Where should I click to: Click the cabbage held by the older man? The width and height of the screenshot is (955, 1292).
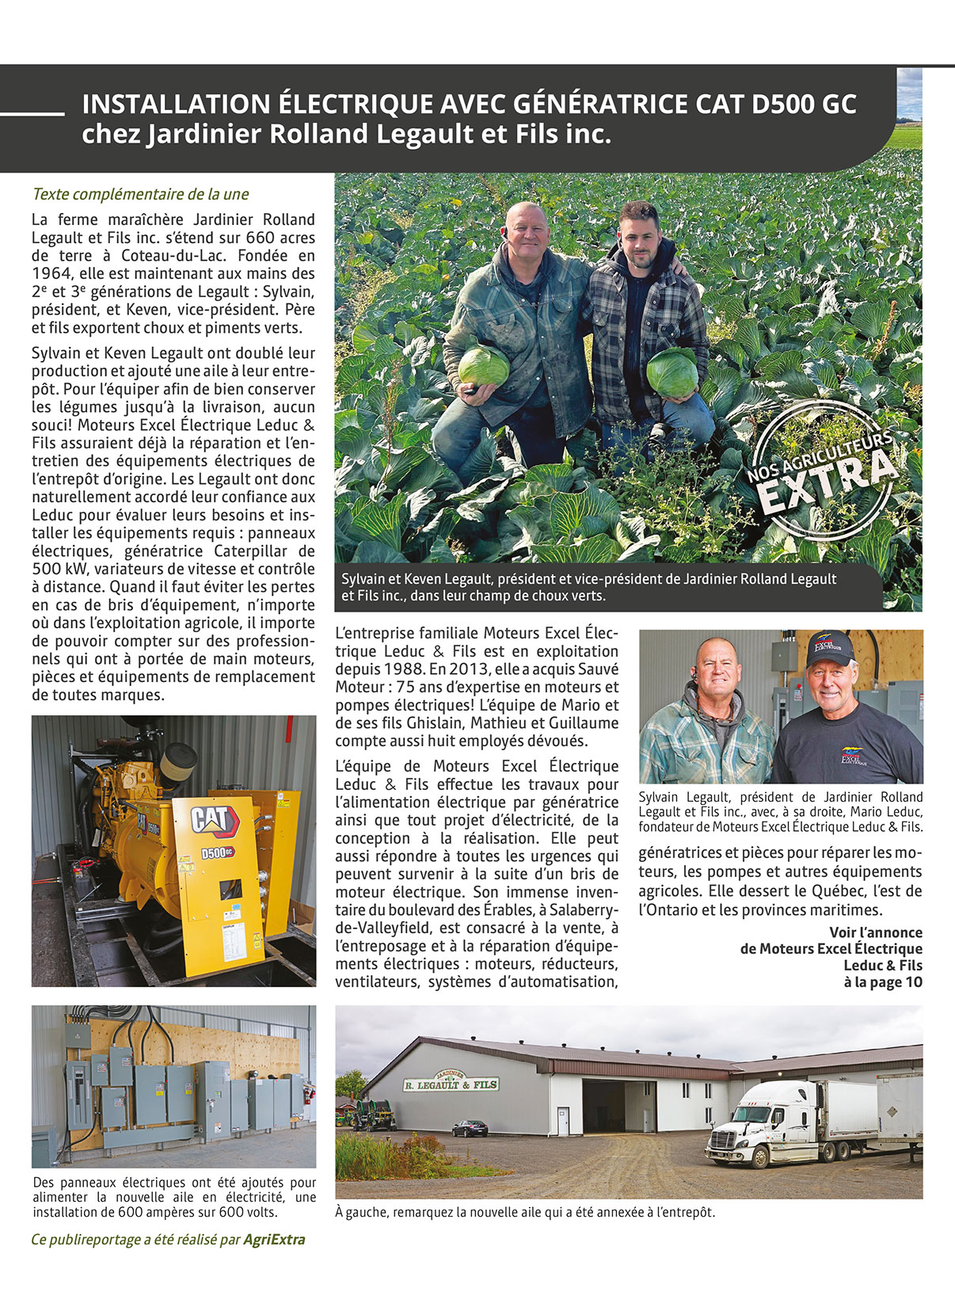click(483, 366)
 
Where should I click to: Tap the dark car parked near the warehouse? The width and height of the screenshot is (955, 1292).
click(470, 1128)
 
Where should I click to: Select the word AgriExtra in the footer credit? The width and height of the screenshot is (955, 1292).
click(274, 1240)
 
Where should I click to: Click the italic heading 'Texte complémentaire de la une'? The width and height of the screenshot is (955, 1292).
click(140, 194)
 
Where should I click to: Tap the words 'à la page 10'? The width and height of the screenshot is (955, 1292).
click(883, 982)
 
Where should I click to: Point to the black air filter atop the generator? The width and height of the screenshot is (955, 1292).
click(178, 760)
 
